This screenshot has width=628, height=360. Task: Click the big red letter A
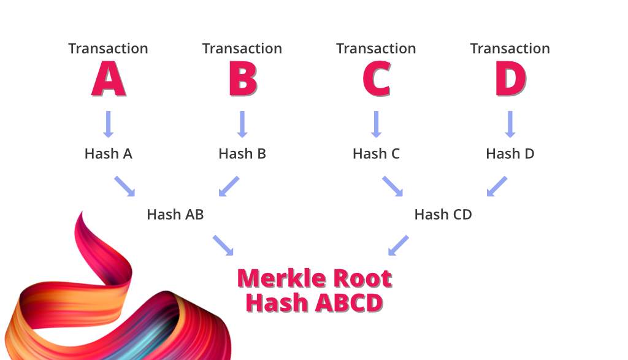[109, 79]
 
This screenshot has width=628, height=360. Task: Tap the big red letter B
[242, 79]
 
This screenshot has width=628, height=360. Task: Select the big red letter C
[376, 79]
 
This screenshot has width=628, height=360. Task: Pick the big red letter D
[510, 79]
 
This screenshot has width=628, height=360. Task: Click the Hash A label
[109, 153]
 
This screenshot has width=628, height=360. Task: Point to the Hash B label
[242, 153]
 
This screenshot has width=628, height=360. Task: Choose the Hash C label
[376, 153]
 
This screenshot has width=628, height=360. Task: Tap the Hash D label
[510, 153]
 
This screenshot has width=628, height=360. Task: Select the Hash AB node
[175, 215]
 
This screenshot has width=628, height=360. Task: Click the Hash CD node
[443, 215]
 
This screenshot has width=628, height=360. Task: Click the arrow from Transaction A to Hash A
[109, 124]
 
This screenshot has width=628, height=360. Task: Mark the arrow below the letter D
[510, 124]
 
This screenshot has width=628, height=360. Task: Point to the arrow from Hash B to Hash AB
[229, 186]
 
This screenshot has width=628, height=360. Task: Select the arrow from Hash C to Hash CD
[392, 186]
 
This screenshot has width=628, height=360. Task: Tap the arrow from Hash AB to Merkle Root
[223, 245]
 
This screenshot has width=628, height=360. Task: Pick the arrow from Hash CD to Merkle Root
[399, 245]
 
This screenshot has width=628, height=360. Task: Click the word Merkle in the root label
[280, 279]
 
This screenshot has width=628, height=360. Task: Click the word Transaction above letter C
[376, 48]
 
